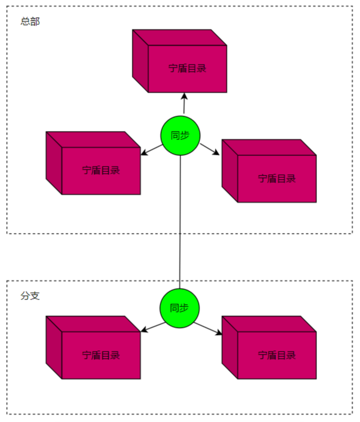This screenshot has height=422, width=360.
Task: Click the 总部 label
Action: [x=30, y=21]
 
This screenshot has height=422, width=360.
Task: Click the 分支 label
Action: [x=30, y=296]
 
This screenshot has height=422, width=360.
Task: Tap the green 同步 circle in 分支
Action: [x=179, y=308]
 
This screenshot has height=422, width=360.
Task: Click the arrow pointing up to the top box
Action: [x=183, y=104]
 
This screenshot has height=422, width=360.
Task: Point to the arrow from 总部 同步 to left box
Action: [x=152, y=150]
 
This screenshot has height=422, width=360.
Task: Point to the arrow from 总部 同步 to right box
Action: [x=210, y=149]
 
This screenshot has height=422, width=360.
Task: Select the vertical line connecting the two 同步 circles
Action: [x=180, y=222]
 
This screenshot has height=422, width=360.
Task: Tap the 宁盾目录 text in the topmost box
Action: [x=187, y=69]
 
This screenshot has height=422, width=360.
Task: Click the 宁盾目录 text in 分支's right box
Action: [x=277, y=355]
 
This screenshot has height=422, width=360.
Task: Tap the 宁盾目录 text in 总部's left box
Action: [x=101, y=171]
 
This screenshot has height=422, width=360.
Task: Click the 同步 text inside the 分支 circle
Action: [x=179, y=308]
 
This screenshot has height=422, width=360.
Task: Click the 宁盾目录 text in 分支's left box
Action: [x=101, y=355]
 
